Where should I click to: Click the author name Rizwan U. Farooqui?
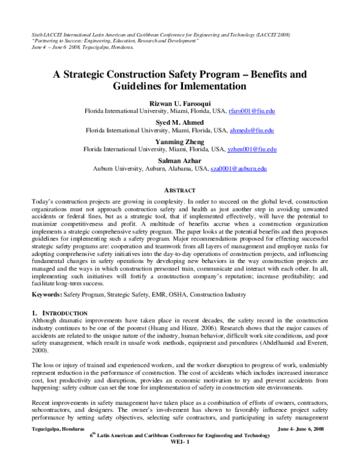coord(180,103)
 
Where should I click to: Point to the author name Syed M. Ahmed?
coord(180,121)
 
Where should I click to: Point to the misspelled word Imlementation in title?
coord(209,86)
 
